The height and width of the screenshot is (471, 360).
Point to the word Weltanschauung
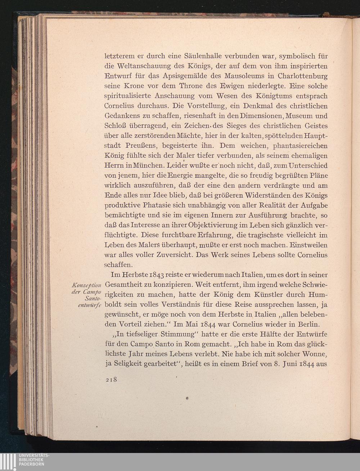(x=146, y=66)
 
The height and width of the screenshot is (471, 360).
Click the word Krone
(x=135, y=86)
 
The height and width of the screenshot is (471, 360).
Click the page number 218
(x=112, y=380)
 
